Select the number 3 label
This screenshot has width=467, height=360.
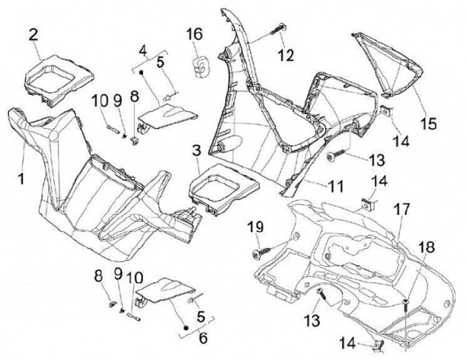click(196, 153)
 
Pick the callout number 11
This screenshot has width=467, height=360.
click(335, 186)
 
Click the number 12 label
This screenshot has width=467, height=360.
click(286, 55)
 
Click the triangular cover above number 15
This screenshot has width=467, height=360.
click(386, 62)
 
